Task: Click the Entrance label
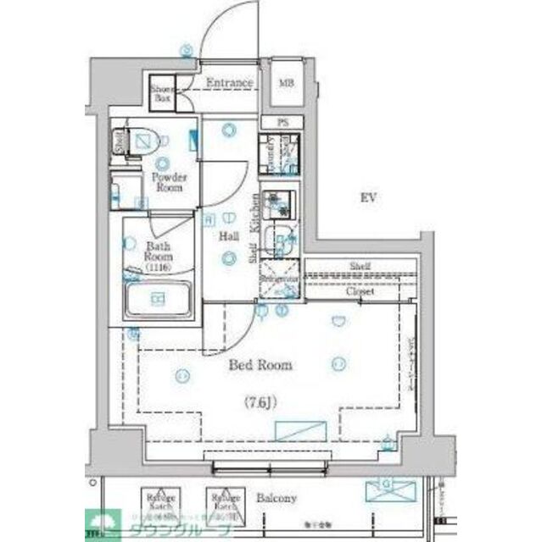(x=230, y=83)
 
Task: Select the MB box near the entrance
(x=286, y=83)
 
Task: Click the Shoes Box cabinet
(x=162, y=95)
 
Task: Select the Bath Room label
(x=158, y=251)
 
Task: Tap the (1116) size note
(x=158, y=268)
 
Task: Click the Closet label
(x=360, y=290)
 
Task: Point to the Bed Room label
(x=260, y=365)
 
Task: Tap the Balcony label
(x=277, y=499)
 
